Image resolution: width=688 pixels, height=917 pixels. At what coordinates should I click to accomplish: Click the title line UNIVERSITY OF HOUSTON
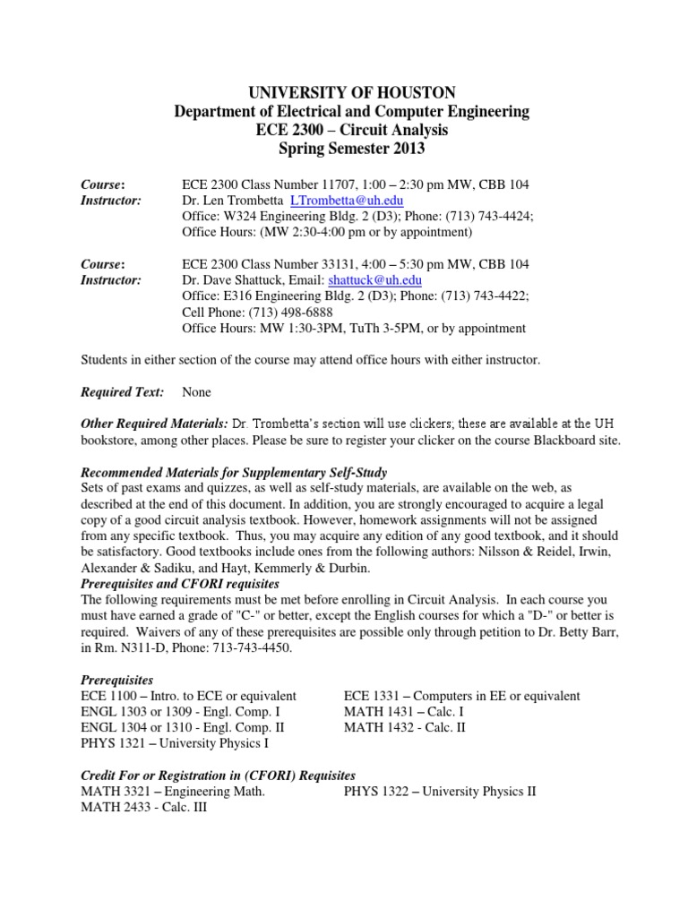coord(344,92)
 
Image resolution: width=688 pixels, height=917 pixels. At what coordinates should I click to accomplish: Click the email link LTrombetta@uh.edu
coord(352,201)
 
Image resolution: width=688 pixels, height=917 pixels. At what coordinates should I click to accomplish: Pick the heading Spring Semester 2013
coord(344,149)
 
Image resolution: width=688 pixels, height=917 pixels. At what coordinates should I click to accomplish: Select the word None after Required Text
coord(198,392)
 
